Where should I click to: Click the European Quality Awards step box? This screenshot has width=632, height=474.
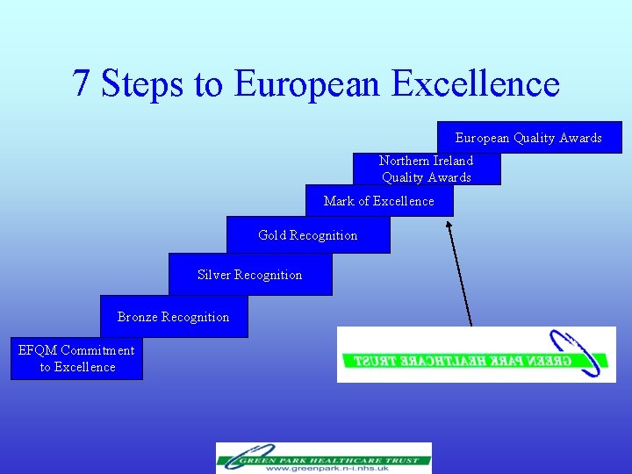tap(529, 138)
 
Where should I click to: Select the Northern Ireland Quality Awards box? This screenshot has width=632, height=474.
tap(427, 169)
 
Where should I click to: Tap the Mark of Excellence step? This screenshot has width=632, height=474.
tap(379, 201)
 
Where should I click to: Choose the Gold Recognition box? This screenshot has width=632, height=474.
tap(308, 235)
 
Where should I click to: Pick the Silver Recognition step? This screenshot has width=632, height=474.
tap(250, 275)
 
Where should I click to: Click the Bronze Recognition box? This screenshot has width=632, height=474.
tap(174, 317)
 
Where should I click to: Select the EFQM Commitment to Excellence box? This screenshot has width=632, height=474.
tap(76, 359)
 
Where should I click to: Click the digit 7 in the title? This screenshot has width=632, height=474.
tap(82, 83)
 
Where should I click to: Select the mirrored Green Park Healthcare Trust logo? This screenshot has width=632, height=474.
tap(476, 355)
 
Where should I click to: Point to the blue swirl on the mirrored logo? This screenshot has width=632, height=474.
tap(580, 351)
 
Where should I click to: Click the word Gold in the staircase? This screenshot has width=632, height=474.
tap(272, 235)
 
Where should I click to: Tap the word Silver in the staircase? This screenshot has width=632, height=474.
tap(214, 275)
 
